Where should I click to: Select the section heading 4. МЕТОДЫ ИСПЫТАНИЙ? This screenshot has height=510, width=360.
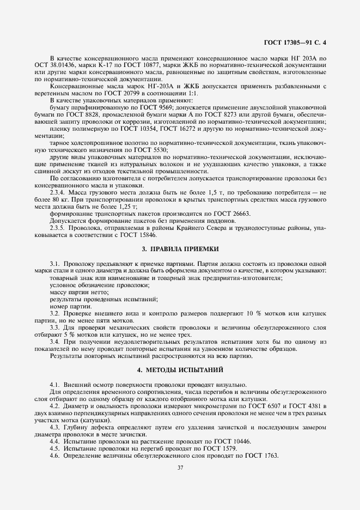click(x=180, y=370)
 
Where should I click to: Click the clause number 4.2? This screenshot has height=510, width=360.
click(x=55, y=406)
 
